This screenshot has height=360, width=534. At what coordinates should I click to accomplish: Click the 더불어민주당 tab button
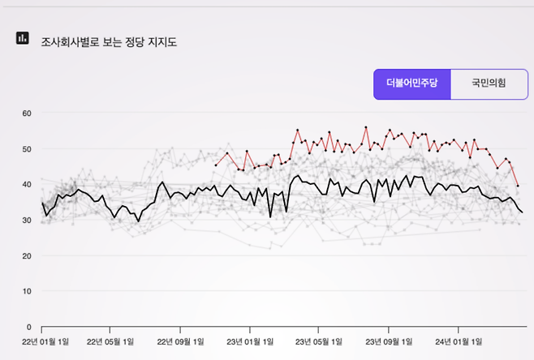coord(411,84)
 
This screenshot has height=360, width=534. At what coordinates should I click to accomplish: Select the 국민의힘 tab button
coord(488,84)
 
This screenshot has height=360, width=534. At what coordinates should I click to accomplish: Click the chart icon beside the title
coord(23,38)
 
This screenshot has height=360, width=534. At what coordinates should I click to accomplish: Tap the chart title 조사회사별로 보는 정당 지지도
coord(109,41)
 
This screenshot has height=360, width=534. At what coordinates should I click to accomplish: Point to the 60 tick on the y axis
coord(26,113)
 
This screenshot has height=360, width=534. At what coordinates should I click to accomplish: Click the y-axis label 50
coord(26,149)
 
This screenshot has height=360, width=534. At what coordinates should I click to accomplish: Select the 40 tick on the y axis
coord(26,185)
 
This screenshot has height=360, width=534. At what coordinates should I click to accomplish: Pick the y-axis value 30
coord(26,221)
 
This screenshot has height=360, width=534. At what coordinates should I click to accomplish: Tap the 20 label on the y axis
coord(26,256)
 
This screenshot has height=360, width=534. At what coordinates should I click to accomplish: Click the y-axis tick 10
coord(26,291)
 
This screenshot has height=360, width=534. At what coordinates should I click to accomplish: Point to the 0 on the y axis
coord(28,327)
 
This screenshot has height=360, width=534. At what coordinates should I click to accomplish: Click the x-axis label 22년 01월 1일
coord(44,341)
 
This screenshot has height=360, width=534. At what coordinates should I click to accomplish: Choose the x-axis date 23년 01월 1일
coord(252,341)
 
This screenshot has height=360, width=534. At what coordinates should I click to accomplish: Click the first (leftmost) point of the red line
coord(216,165)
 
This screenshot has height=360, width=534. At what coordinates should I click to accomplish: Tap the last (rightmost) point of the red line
coord(518,186)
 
